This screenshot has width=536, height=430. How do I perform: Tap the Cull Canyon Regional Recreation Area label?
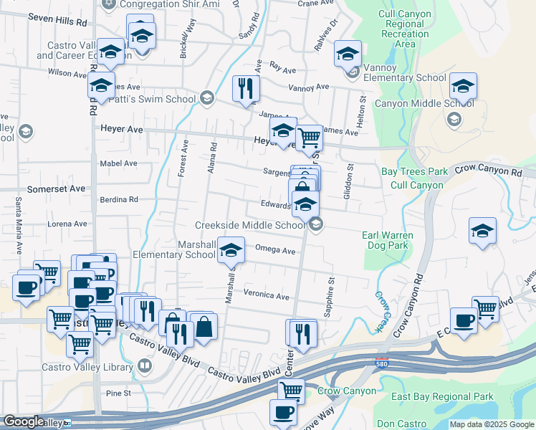tap(405, 29)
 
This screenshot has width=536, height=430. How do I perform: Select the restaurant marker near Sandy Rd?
tap(246, 89)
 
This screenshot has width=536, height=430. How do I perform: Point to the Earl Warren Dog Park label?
tap(389, 240)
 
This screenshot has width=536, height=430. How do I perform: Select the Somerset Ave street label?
tap(56, 188)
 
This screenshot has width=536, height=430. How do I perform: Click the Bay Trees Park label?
tap(414, 172)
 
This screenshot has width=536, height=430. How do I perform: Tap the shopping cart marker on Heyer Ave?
tap(309, 137)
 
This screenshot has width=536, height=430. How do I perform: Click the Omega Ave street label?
tap(275, 251)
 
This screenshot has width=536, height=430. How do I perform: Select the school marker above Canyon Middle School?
tap(464, 87)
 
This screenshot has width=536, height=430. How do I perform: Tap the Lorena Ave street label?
tap(67, 224)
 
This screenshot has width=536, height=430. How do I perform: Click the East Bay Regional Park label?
tap(443, 396)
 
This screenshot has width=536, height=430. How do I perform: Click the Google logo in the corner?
tap(23, 421)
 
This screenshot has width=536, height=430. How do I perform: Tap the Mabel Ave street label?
tap(119, 163)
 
